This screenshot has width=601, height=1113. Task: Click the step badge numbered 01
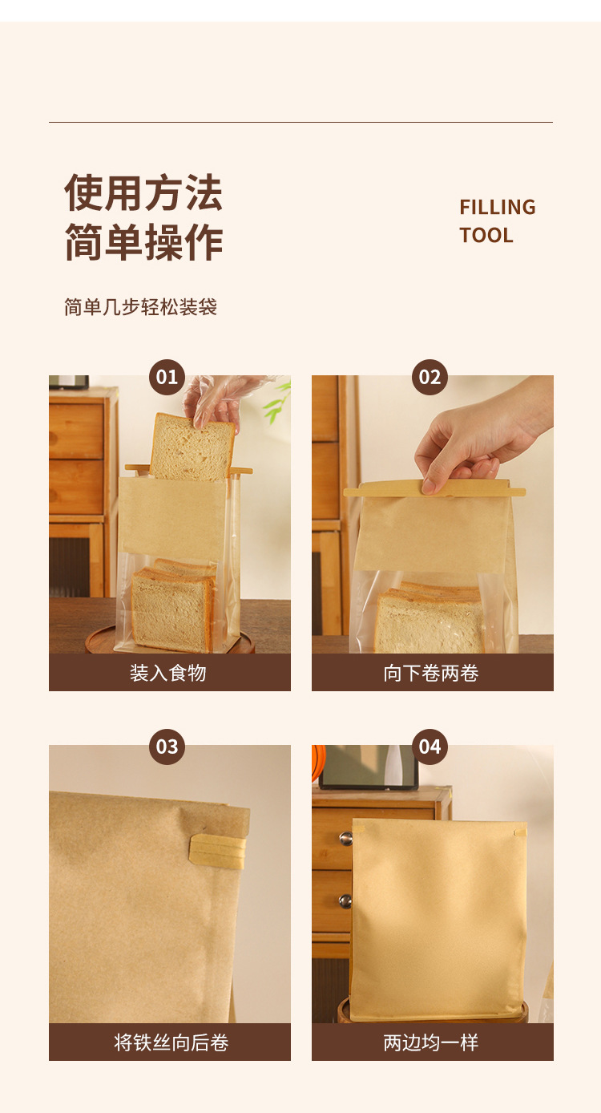[x=167, y=377]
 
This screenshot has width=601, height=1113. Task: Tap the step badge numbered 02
[x=430, y=377]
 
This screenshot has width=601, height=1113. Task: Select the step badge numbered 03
[x=167, y=747]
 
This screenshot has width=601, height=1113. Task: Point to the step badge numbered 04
[x=430, y=747]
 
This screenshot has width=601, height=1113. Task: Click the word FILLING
[x=497, y=208]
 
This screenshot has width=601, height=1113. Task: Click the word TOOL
[x=486, y=236]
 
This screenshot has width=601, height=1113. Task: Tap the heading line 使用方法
[x=143, y=193]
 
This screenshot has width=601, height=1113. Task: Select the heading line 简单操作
[x=143, y=242]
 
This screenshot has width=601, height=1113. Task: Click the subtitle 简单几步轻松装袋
[x=140, y=307]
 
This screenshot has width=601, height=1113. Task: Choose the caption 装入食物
[x=168, y=673]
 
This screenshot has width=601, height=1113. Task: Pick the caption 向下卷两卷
[x=431, y=673]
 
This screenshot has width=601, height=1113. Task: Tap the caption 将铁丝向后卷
[x=171, y=1042]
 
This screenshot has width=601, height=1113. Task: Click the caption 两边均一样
[x=431, y=1042]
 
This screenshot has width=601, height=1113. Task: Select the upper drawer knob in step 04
[x=345, y=838]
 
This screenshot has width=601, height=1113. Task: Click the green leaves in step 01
[x=278, y=401]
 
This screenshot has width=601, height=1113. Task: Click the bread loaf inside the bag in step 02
[x=429, y=617]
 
